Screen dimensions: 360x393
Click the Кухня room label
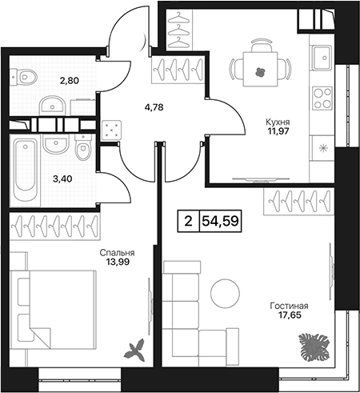(278, 122)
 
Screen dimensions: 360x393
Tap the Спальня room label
(117, 253)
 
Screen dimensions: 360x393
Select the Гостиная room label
(289, 306)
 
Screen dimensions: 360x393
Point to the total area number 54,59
(220, 221)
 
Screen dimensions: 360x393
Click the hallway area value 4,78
(153, 107)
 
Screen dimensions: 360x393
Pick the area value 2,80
(70, 80)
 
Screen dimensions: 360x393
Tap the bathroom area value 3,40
(62, 178)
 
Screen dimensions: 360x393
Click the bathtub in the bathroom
(25, 170)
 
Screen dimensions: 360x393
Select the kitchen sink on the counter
(322, 58)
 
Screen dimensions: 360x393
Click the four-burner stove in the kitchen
(322, 98)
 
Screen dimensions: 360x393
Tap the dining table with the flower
(260, 69)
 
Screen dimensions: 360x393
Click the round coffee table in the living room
(225, 293)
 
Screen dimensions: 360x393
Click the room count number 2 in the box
(188, 221)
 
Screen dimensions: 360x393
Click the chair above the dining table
(261, 45)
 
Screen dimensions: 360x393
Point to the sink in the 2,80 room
(53, 106)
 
